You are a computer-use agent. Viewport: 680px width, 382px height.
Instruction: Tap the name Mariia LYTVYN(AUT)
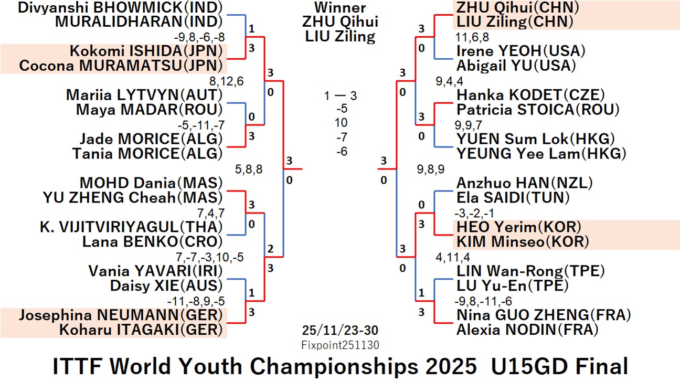pos(144,95)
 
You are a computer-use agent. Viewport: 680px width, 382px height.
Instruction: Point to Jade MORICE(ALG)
pos(151,139)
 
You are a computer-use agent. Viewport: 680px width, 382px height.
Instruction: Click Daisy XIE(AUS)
pos(166,286)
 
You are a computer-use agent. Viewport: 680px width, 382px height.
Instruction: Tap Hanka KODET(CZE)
pos(530,95)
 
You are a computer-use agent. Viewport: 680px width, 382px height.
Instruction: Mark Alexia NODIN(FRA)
pos(527,330)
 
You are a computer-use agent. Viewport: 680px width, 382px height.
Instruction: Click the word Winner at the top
pos(340,8)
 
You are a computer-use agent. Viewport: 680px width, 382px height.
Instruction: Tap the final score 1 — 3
pos(340,96)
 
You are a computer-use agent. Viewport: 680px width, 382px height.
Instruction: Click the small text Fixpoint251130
pos(340,345)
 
